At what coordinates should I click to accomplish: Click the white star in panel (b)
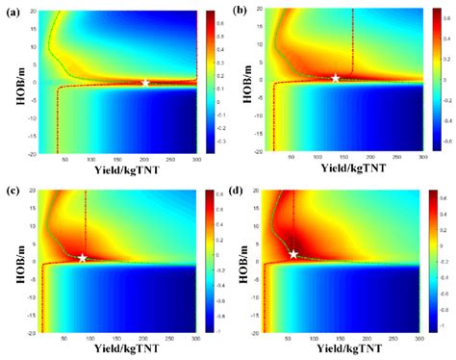click(336, 77)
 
